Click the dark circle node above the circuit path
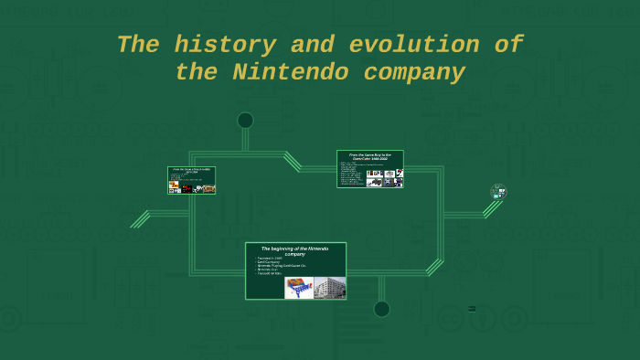click(245, 121)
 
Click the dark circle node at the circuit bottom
click(381, 309)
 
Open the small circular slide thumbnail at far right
click(498, 192)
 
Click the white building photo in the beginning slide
click(329, 288)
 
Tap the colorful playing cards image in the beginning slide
click(299, 288)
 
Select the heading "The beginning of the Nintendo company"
click(295, 250)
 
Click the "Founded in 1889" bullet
click(271, 259)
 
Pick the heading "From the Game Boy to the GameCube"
click(370, 156)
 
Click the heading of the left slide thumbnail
click(191, 171)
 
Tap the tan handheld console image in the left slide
click(208, 188)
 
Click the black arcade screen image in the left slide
click(187, 188)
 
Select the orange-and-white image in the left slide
click(174, 188)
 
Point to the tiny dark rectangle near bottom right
click(472, 309)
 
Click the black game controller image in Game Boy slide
click(375, 181)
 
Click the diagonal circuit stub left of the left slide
click(140, 219)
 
